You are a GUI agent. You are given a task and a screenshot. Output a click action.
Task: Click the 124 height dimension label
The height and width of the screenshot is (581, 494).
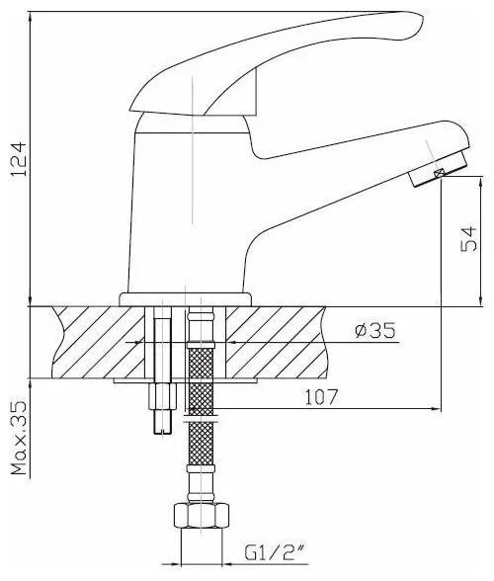coord(19,158)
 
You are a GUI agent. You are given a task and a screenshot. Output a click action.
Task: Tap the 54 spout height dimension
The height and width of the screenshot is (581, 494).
coord(468,239)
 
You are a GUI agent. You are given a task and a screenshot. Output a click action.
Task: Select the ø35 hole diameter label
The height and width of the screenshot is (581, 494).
coord(374,330)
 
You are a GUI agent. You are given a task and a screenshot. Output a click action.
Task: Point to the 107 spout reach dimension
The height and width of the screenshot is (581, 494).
coord(321,397)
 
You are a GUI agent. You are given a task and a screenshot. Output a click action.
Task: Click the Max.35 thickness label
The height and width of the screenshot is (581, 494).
coord(20,437)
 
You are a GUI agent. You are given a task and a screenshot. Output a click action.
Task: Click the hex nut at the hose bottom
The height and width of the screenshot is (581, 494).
coord(202,515)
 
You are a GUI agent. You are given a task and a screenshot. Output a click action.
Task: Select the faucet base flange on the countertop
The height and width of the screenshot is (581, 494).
coord(186,299)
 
